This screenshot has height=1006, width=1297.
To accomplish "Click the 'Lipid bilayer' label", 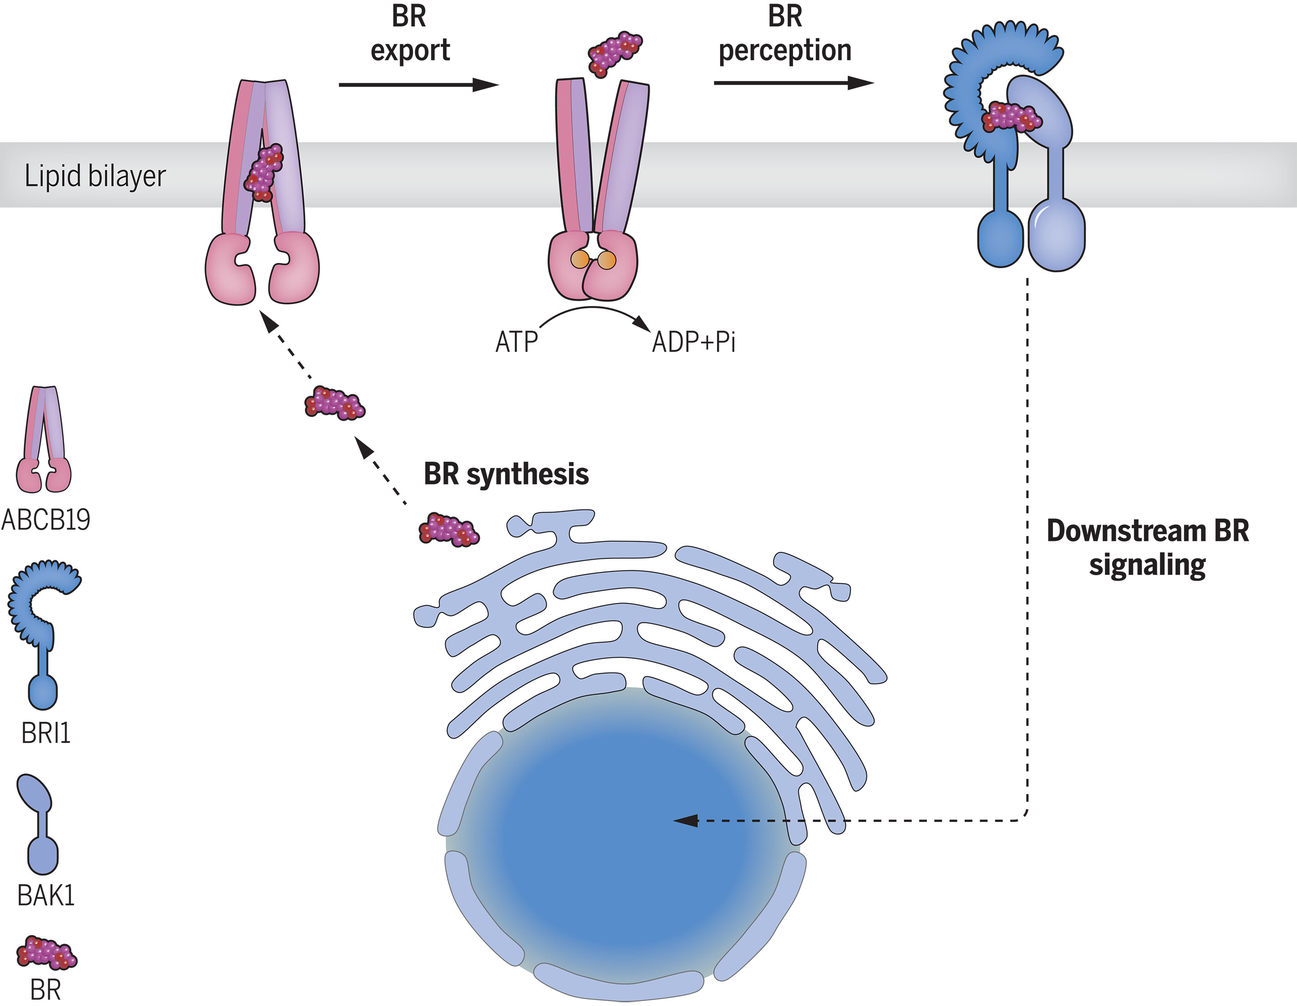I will coord(95,176).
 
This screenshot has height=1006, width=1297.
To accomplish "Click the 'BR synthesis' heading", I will coord(506,474).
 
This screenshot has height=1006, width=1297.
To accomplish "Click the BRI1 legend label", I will coord(46,733).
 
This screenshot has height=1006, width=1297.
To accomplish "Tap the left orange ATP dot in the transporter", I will coord(580,260).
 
